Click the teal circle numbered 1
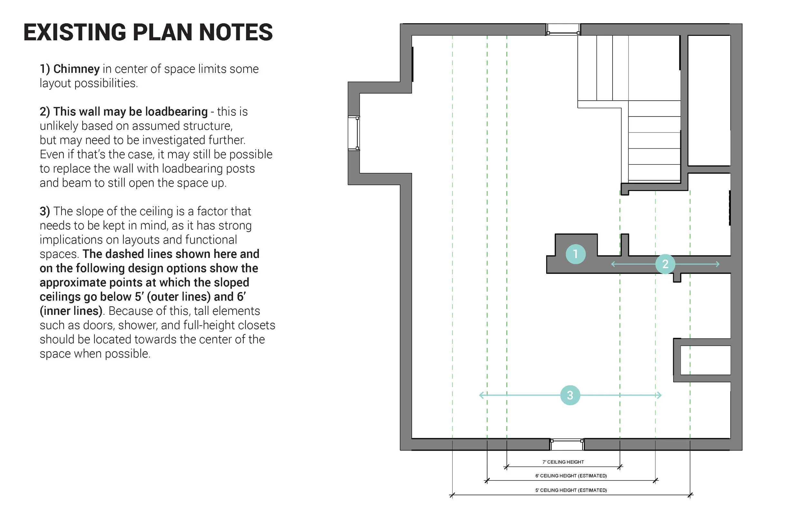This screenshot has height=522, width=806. pos(575,254)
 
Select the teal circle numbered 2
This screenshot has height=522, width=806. pos(665,264)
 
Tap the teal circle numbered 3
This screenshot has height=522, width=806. pos(570,395)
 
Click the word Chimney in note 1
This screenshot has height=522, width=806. pos(76,69)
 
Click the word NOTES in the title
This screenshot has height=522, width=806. pos(236,33)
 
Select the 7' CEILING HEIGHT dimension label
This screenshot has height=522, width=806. pos(563,462)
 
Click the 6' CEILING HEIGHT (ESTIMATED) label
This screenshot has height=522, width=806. pos(571,476)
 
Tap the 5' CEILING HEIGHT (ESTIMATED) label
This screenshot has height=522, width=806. pos(571,490)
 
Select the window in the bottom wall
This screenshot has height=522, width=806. pos(567,444)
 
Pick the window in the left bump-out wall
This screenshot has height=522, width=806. pos(354,133)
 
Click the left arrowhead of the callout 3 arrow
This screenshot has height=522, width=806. pos(481,395)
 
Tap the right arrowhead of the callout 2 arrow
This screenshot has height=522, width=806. pos(718,264)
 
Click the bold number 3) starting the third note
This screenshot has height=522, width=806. pos(45,211)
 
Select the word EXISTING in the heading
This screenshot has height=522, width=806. pos(75,33)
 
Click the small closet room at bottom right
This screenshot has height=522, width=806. pos(705,360)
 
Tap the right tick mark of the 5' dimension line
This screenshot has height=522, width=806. pos(690,495)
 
